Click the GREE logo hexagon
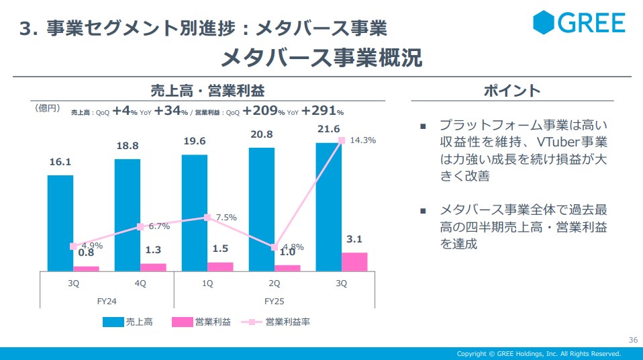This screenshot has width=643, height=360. (x=544, y=22)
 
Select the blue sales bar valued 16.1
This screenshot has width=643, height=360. (x=60, y=222)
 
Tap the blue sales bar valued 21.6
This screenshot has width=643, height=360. (x=329, y=201)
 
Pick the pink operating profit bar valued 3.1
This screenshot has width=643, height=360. (x=354, y=261)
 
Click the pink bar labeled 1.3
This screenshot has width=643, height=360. (x=153, y=267)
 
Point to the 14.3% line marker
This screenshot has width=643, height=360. (x=342, y=140)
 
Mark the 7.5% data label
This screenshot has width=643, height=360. (x=226, y=218)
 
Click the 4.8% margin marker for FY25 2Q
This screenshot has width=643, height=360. (x=275, y=247)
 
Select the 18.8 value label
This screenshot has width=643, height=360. (x=127, y=146)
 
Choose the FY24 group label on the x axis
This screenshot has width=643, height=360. (x=107, y=301)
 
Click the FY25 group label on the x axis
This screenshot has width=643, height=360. (x=275, y=301)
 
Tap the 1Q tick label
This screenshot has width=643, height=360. (x=207, y=283)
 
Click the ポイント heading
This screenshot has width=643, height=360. (x=512, y=91)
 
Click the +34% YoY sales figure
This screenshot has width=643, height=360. (x=171, y=111)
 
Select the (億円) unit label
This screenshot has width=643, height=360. (x=48, y=107)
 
